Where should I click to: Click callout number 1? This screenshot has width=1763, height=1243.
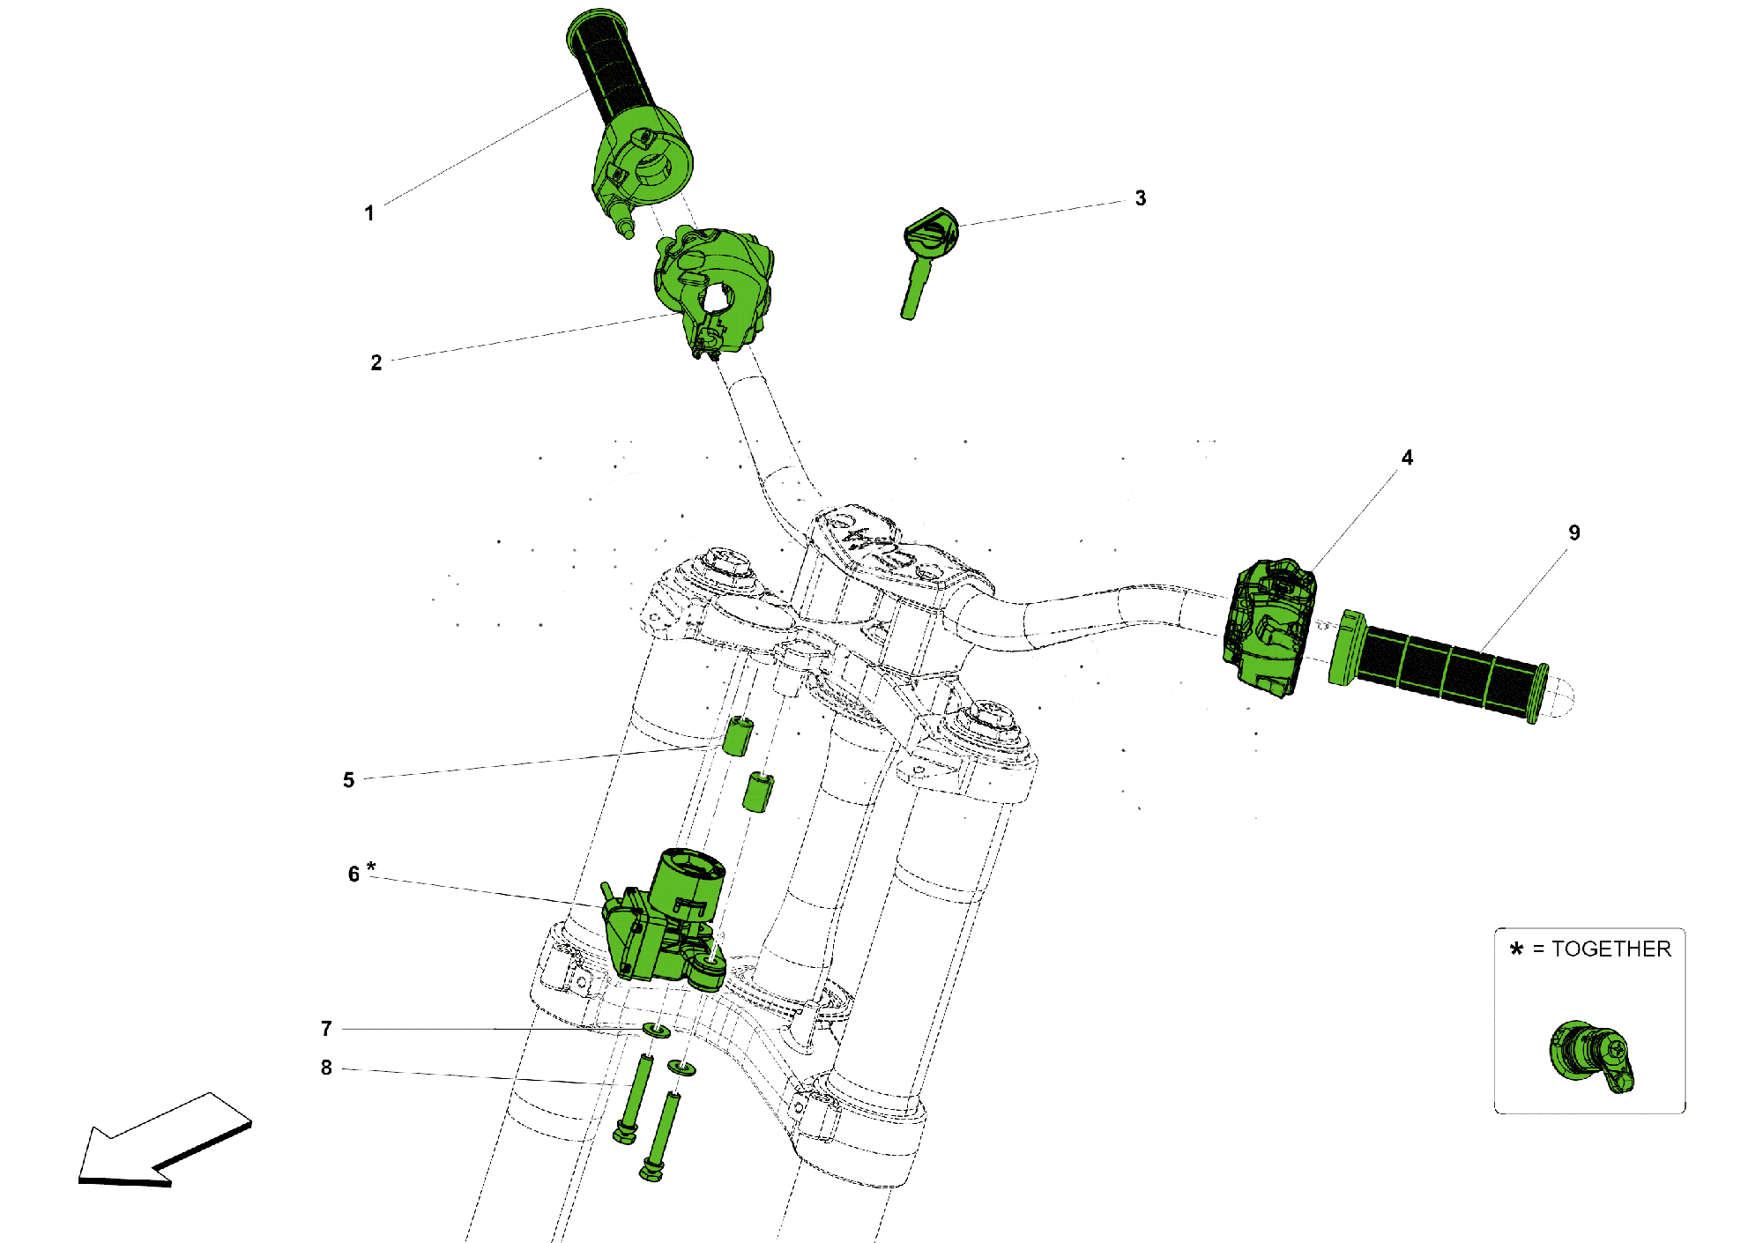369,213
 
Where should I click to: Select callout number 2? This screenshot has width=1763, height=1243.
376,363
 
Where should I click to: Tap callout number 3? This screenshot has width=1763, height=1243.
1141,198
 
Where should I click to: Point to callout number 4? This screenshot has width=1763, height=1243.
1407,458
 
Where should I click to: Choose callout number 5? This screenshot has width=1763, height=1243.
349,780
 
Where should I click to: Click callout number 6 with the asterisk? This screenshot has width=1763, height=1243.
354,874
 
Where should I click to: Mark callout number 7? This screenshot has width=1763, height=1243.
326,1029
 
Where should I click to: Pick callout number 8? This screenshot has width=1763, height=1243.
326,1068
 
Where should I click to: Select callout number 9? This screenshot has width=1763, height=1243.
1574,532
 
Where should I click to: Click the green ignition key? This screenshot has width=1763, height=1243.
925,256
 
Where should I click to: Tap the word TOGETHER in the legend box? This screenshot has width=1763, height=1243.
1611,949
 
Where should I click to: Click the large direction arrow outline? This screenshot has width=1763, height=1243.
159,1142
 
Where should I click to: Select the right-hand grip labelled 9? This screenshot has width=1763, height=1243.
1446,670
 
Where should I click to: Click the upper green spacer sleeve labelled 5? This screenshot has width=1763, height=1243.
737,736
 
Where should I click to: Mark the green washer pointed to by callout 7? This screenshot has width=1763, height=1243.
656,1030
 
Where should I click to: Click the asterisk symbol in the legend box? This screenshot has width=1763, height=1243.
1516,949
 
